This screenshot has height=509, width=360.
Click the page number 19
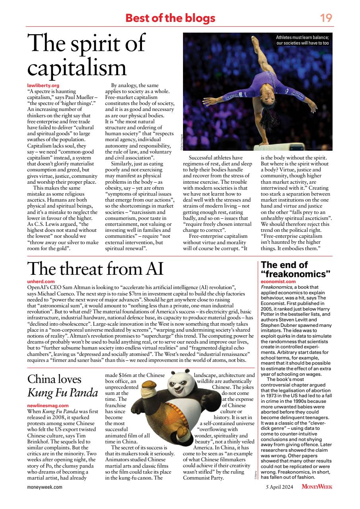pyautogui.click(x=326, y=18)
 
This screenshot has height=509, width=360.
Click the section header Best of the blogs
pyautogui.click(x=170, y=18)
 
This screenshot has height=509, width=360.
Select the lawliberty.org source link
pyautogui.click(x=40, y=85)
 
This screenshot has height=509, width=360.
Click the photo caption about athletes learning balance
pyautogui.click(x=302, y=40)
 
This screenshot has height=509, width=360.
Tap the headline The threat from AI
pyautogui.click(x=95, y=269)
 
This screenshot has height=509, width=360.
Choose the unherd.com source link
pyautogui.click(x=41, y=281)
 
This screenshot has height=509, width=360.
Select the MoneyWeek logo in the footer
pyautogui.click(x=317, y=486)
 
